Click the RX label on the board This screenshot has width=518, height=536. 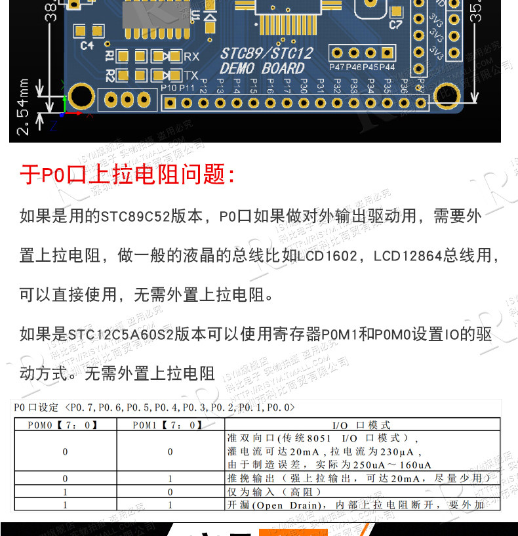[x=191, y=57]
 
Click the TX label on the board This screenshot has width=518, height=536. [x=191, y=75]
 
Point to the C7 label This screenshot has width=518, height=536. [x=395, y=26]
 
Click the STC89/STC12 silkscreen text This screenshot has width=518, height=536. [x=266, y=53]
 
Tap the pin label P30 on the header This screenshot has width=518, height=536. [x=304, y=86]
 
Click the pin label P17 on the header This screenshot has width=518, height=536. [x=287, y=86]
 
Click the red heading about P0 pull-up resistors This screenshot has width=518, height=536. [x=127, y=175]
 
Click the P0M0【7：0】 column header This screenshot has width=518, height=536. [x=64, y=424]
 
